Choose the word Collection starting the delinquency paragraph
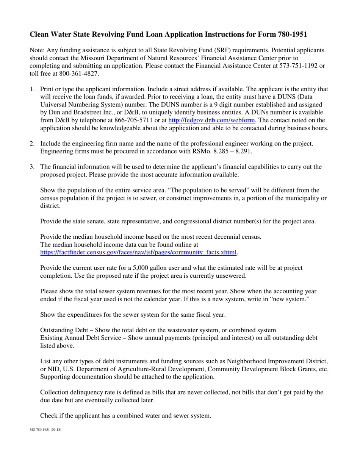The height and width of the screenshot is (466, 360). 53,393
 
